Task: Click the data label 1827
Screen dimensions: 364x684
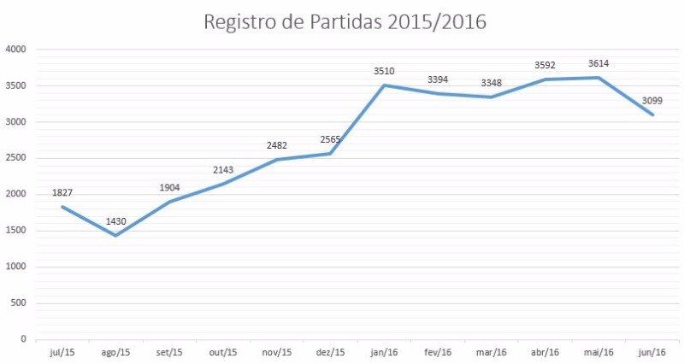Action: [x=62, y=193]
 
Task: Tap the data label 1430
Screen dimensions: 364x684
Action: [x=115, y=222]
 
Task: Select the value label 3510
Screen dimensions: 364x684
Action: [x=385, y=72]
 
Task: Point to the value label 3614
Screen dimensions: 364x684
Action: [x=598, y=64]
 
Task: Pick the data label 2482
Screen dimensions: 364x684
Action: [x=277, y=146]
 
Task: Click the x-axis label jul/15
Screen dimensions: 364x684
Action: [x=62, y=352]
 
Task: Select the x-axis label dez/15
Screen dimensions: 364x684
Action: [x=331, y=352]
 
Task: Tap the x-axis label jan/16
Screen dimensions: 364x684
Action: [x=385, y=352]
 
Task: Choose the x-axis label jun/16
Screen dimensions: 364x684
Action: [x=653, y=352]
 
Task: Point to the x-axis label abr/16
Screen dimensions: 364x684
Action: [x=545, y=352]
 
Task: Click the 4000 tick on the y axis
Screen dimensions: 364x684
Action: [x=16, y=50]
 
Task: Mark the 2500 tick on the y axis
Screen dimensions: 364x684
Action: [x=16, y=158]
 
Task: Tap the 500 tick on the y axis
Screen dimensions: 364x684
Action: [x=20, y=302]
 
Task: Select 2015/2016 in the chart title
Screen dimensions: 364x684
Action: [x=434, y=22]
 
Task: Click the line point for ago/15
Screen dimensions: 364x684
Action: [x=115, y=236]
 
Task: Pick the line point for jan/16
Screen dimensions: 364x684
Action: [x=385, y=85]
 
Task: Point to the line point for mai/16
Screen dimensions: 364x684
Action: [x=599, y=78]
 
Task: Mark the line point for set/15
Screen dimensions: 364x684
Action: [x=169, y=202]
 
